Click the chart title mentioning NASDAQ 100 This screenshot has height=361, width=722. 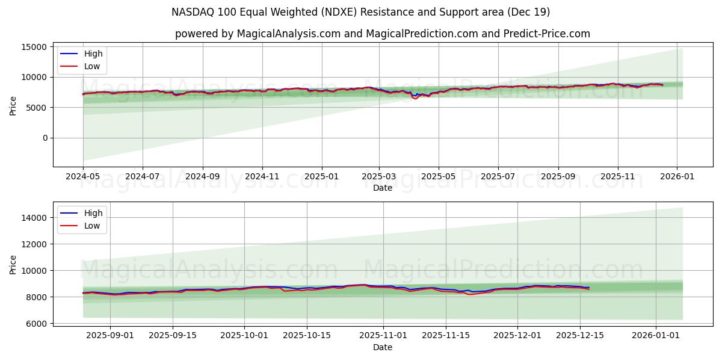[x=360, y=12]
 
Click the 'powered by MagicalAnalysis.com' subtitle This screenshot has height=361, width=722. [x=382, y=34]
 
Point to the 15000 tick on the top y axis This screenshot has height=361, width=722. [x=34, y=47]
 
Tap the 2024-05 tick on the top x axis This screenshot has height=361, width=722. [x=83, y=176]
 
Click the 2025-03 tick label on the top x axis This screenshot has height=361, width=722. [x=379, y=176]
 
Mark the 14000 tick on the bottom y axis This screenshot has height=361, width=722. [x=34, y=218]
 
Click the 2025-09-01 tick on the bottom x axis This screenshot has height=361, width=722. [x=110, y=335]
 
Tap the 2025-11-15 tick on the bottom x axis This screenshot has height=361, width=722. [x=446, y=335]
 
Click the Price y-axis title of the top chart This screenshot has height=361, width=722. [x=13, y=105]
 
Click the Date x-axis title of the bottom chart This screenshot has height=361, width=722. [x=382, y=347]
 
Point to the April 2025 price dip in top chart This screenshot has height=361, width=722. [x=415, y=97]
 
